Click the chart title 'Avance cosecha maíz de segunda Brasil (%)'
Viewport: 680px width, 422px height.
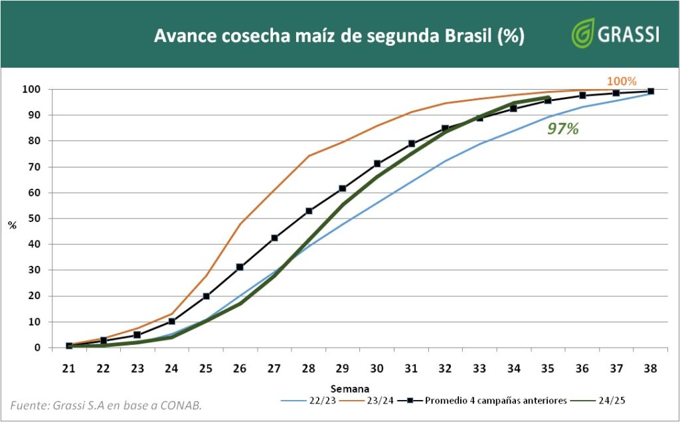(339, 36)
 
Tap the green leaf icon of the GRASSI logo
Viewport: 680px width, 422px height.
(583, 33)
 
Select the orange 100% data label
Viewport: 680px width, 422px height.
(622, 81)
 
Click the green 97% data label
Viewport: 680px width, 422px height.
(562, 129)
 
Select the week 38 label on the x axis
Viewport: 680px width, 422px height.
(650, 368)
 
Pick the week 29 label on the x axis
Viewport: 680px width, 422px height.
(343, 368)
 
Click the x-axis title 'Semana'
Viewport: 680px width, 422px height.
(350, 387)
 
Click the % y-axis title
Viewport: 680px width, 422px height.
(12, 225)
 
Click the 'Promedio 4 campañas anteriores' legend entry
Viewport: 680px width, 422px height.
(495, 401)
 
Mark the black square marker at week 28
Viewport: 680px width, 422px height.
(309, 211)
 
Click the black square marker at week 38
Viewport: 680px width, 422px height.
(650, 91)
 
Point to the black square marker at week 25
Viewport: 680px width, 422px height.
(206, 296)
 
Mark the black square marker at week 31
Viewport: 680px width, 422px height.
(411, 144)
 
